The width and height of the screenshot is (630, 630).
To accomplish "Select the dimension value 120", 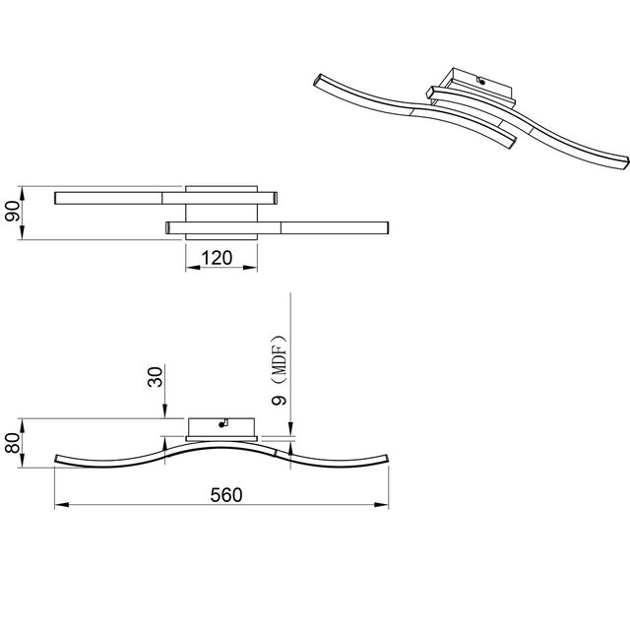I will click(216, 259).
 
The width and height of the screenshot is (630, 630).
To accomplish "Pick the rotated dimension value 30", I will click(155, 377).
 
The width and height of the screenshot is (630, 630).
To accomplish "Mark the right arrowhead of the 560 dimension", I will click(386, 506).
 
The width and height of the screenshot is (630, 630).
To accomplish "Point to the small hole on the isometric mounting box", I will click(481, 83).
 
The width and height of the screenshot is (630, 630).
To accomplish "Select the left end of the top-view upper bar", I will click(58, 197).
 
